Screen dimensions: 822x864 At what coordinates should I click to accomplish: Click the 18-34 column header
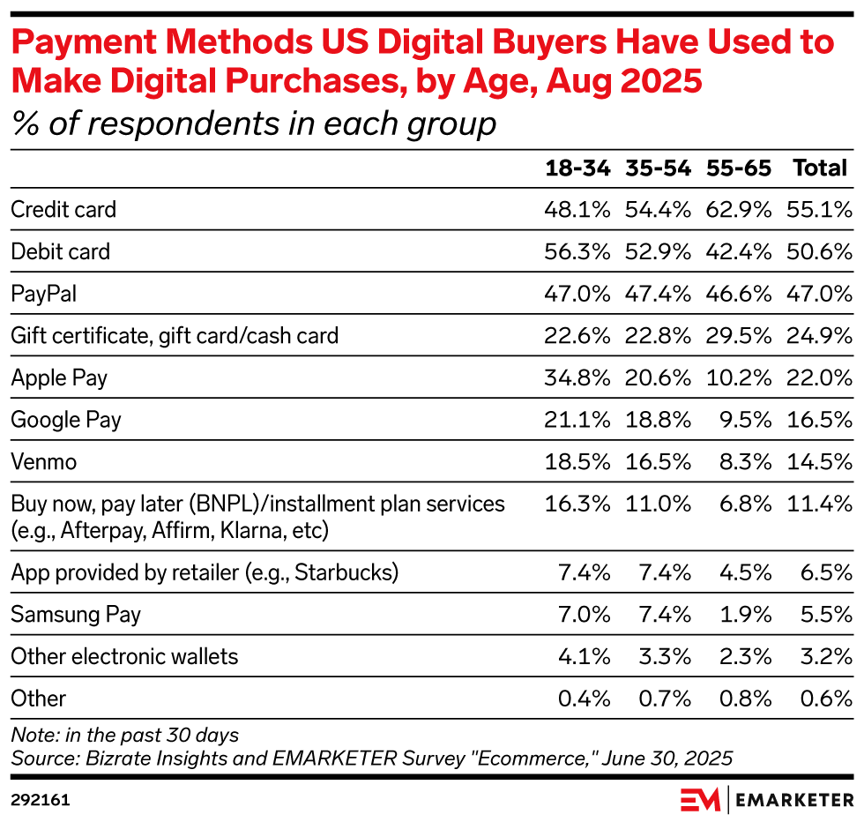click(577, 168)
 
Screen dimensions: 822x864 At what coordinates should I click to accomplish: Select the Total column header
click(820, 168)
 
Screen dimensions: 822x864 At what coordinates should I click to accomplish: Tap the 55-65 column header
click(739, 168)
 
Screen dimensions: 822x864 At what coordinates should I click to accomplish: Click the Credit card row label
click(63, 210)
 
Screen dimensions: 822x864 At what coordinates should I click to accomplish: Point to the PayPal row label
click(43, 294)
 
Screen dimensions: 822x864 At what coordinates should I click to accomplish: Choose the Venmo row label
click(44, 461)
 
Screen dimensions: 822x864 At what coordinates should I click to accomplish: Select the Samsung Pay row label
click(76, 615)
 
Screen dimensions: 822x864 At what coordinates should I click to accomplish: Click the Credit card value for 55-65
click(739, 210)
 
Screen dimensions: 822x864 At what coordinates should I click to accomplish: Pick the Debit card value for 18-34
click(577, 252)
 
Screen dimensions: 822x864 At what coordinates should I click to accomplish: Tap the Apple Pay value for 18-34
click(577, 378)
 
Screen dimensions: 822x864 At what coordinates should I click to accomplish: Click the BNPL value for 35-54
click(658, 504)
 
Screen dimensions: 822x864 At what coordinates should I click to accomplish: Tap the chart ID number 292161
click(41, 800)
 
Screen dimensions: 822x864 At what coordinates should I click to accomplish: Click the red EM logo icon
click(701, 799)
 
